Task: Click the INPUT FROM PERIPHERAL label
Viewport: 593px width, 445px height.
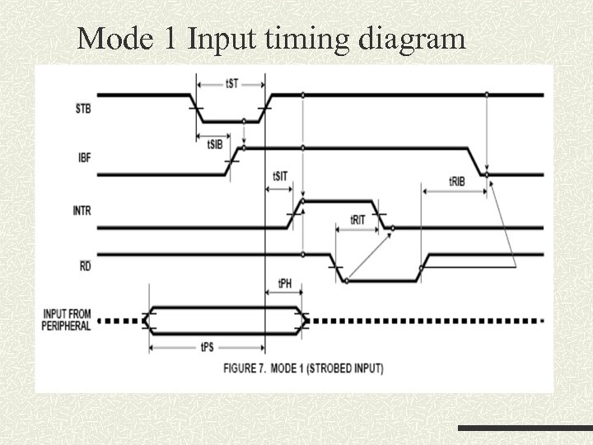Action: click(x=66, y=320)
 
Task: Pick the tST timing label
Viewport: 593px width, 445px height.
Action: click(x=232, y=83)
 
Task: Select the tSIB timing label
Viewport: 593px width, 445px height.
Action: click(x=212, y=144)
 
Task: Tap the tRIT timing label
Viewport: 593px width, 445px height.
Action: click(x=357, y=220)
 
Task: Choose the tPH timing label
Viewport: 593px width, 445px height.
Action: click(x=284, y=284)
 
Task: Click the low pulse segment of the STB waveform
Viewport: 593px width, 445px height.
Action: click(x=231, y=120)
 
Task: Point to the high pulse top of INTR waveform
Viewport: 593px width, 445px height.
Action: click(x=339, y=200)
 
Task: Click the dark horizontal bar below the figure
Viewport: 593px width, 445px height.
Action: click(x=525, y=429)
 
